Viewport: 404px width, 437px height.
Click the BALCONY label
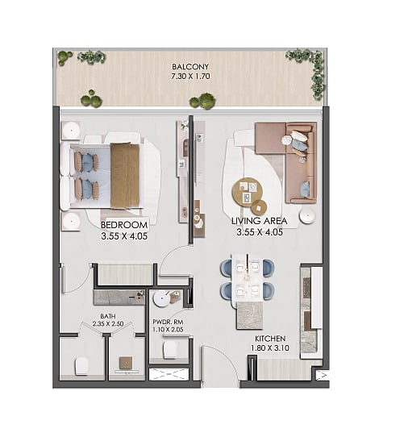(x=190, y=67)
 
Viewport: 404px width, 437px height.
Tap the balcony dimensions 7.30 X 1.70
(x=190, y=76)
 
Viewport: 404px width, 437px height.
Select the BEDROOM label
(x=124, y=225)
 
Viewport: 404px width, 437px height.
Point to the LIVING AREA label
(x=260, y=221)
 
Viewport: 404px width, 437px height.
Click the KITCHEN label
(x=270, y=339)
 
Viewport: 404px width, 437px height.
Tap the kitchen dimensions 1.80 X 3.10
(x=270, y=348)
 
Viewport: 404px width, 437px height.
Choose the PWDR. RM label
(x=168, y=323)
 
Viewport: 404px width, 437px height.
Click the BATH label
(x=108, y=316)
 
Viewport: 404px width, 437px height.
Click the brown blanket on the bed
(x=125, y=176)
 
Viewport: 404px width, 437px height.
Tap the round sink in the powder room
(x=161, y=299)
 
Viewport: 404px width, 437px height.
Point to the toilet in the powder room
(x=170, y=348)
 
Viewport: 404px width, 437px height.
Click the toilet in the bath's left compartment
(x=81, y=366)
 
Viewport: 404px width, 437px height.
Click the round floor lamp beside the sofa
(x=307, y=215)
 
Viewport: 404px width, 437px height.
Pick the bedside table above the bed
(x=72, y=130)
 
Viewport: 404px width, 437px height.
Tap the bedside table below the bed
(x=72, y=221)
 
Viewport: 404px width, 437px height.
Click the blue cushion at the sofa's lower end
(x=305, y=188)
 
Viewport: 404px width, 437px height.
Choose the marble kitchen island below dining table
(x=249, y=315)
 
